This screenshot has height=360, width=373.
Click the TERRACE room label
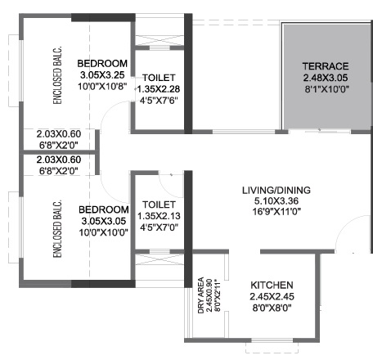[326, 66]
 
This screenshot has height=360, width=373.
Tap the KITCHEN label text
[272, 286]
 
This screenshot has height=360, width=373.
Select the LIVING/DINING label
[276, 190]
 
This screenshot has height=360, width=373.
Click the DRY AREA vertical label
[201, 295]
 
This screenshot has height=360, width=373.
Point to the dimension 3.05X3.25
[102, 74]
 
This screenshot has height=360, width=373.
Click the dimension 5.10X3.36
[276, 201]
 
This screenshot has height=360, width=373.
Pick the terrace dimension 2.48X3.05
[326, 78]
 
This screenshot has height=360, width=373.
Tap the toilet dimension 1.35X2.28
[159, 89]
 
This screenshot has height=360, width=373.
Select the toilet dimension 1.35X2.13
[159, 216]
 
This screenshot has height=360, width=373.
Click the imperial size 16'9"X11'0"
[276, 212]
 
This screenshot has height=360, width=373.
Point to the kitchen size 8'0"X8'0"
[272, 308]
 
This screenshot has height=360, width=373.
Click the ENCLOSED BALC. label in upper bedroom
[57, 75]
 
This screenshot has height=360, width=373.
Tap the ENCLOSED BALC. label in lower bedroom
[57, 228]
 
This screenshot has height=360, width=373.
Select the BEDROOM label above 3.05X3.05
[104, 209]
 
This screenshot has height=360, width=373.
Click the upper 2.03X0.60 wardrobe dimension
[59, 134]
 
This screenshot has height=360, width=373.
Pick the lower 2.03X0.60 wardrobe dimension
[59, 160]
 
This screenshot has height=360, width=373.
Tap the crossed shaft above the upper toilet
[160, 40]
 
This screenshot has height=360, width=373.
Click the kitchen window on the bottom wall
[272, 340]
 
